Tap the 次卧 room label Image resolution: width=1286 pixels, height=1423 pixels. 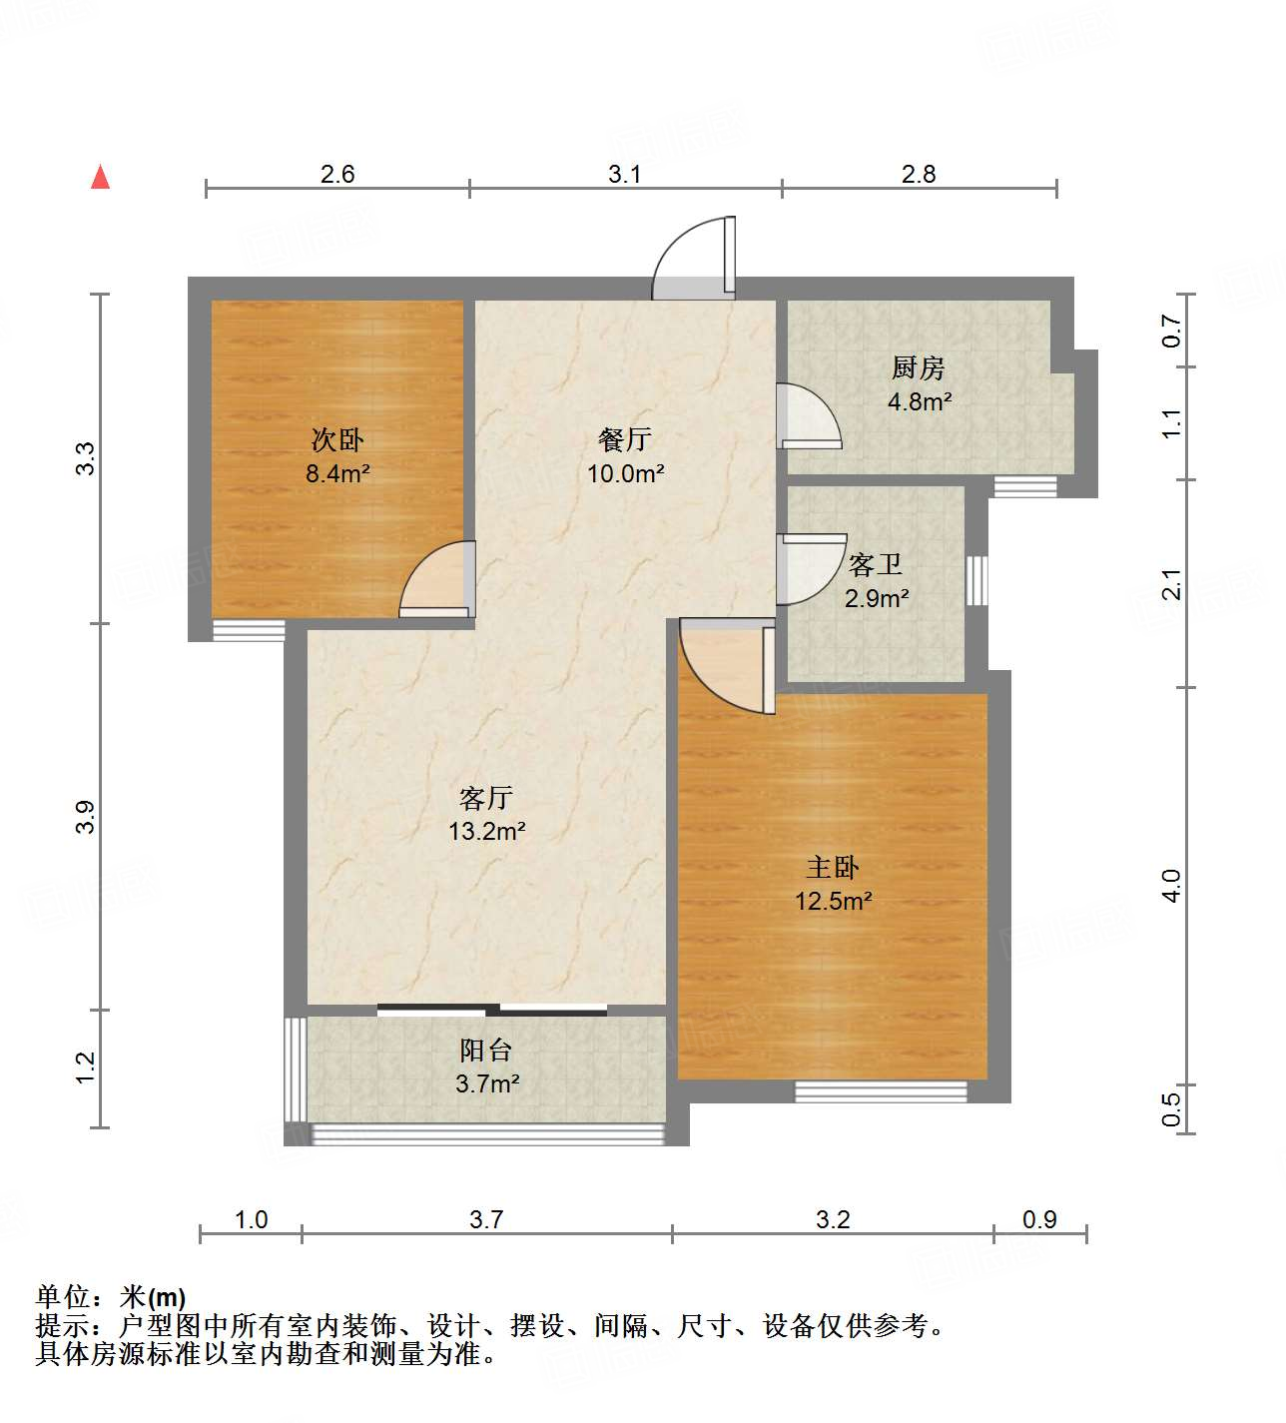tap(337, 439)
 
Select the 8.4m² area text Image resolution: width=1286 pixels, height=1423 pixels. tap(337, 473)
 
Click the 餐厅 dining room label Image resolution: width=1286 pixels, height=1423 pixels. tap(625, 438)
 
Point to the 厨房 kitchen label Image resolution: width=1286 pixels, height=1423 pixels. tap(919, 368)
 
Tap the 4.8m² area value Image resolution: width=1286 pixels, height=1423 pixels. tap(920, 401)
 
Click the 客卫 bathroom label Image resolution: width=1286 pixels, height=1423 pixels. tap(876, 565)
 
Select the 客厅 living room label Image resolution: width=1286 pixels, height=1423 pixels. tap(486, 797)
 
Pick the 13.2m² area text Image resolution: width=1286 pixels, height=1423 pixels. tap(486, 830)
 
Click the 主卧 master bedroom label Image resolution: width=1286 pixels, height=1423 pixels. tap(833, 867)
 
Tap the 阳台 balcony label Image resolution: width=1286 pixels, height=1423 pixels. tap(486, 1050)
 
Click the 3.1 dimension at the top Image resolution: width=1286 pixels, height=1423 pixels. tap(625, 175)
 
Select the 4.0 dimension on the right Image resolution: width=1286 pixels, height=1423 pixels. tap(1172, 886)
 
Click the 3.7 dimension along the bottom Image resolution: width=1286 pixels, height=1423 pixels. tap(486, 1219)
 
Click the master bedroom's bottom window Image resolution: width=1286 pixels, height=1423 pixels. tap(881, 1091)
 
